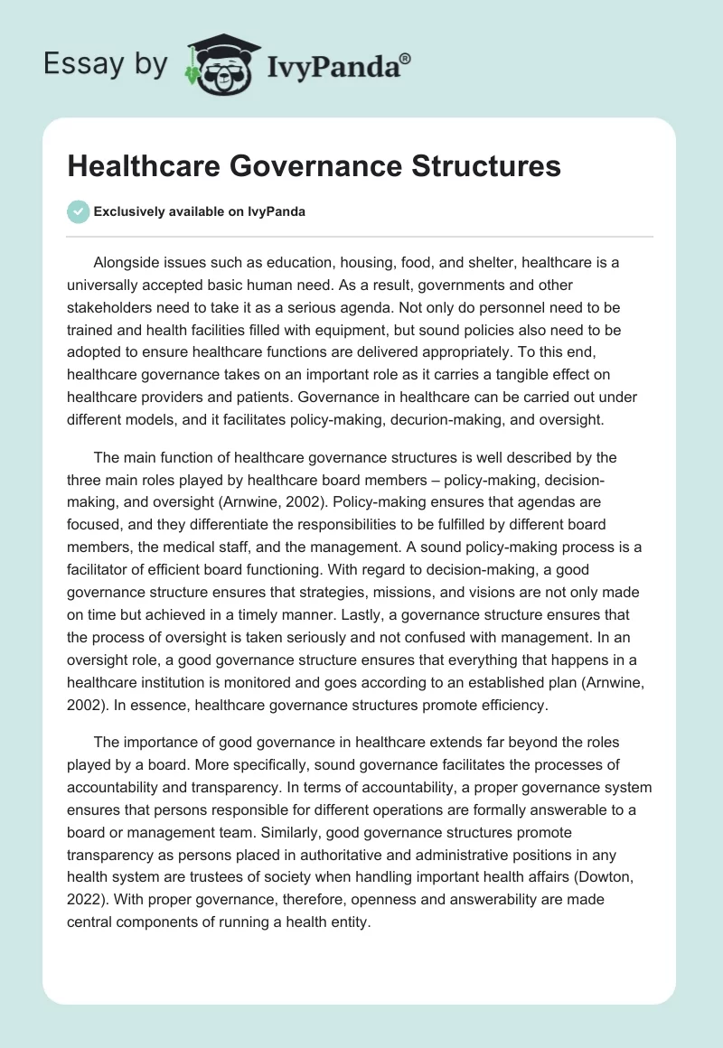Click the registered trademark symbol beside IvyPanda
coord(406,60)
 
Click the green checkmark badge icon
coord(79,211)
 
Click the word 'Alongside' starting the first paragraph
coord(126,262)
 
